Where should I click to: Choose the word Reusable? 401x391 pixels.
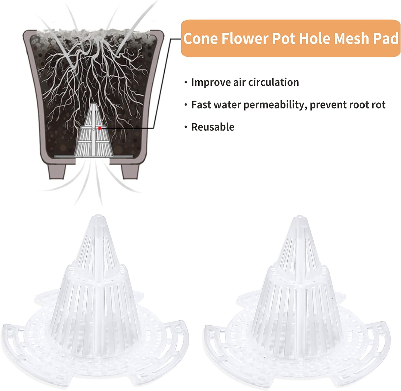tap(213, 127)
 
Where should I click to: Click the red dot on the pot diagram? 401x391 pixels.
tap(99, 128)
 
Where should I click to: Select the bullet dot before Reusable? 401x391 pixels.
tap(186, 127)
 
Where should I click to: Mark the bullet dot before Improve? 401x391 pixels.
tap(186, 82)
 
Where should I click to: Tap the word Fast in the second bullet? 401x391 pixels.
tap(201, 105)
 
